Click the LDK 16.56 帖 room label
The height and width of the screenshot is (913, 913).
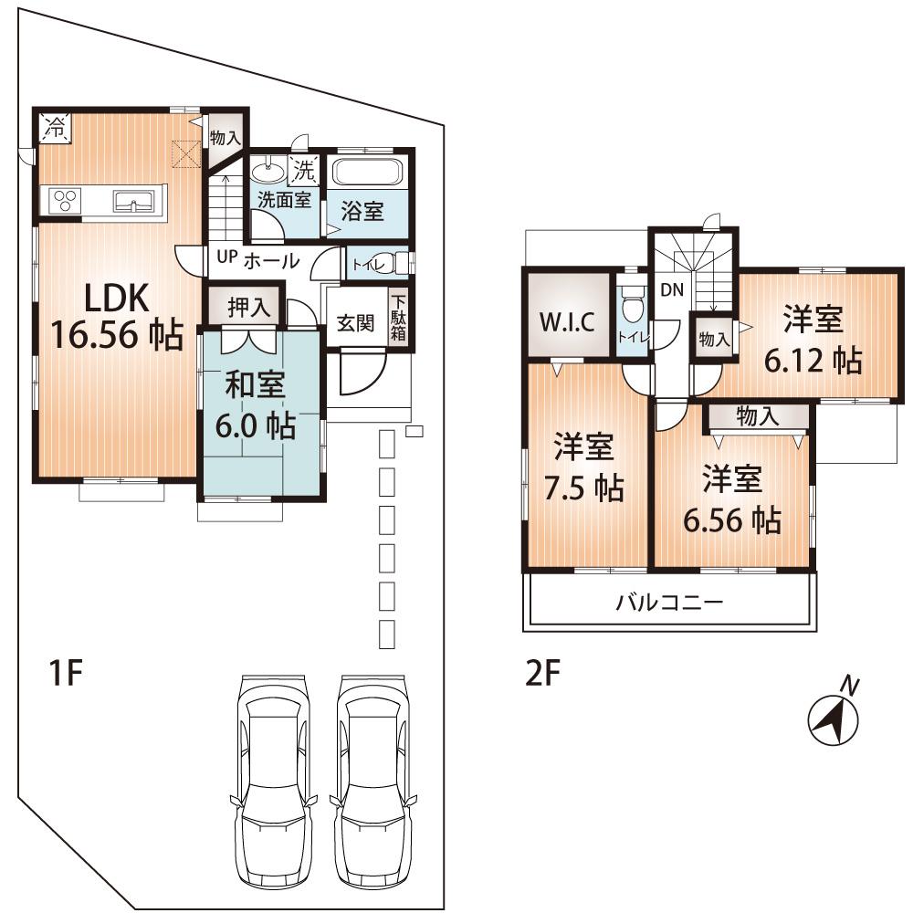(114, 317)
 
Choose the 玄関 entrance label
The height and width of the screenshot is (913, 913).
(356, 323)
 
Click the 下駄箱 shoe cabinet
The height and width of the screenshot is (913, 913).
(399, 317)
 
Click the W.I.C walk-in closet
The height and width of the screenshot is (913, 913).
(566, 321)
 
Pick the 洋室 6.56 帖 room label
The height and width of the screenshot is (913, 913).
(731, 499)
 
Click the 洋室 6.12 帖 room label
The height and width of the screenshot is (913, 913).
(813, 341)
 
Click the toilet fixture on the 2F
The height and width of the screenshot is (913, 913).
(630, 306)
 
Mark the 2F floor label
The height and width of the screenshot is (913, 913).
(541, 675)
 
